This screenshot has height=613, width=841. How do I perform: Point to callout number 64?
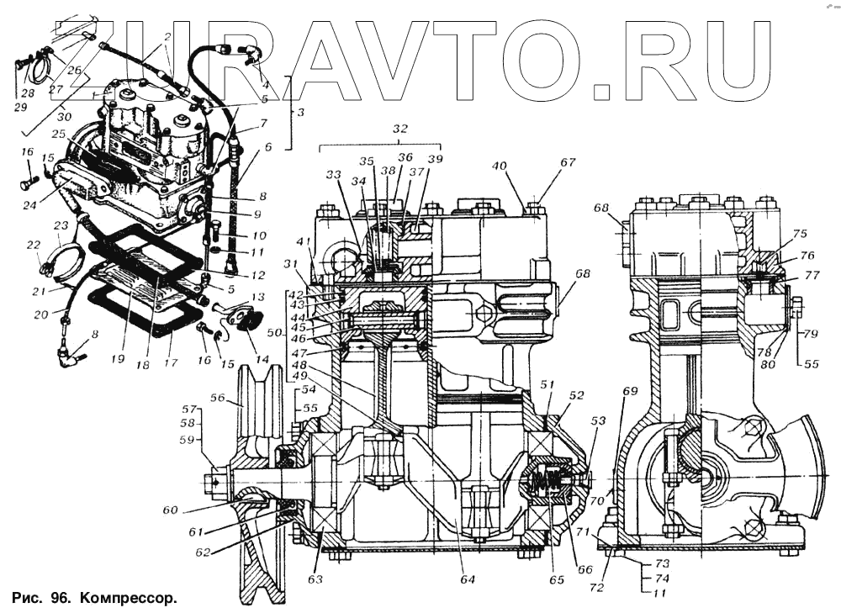(468, 579)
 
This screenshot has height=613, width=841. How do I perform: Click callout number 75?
(799, 234)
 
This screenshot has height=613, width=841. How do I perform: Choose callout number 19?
(117, 357)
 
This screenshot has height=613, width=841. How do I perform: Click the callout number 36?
(405, 157)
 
